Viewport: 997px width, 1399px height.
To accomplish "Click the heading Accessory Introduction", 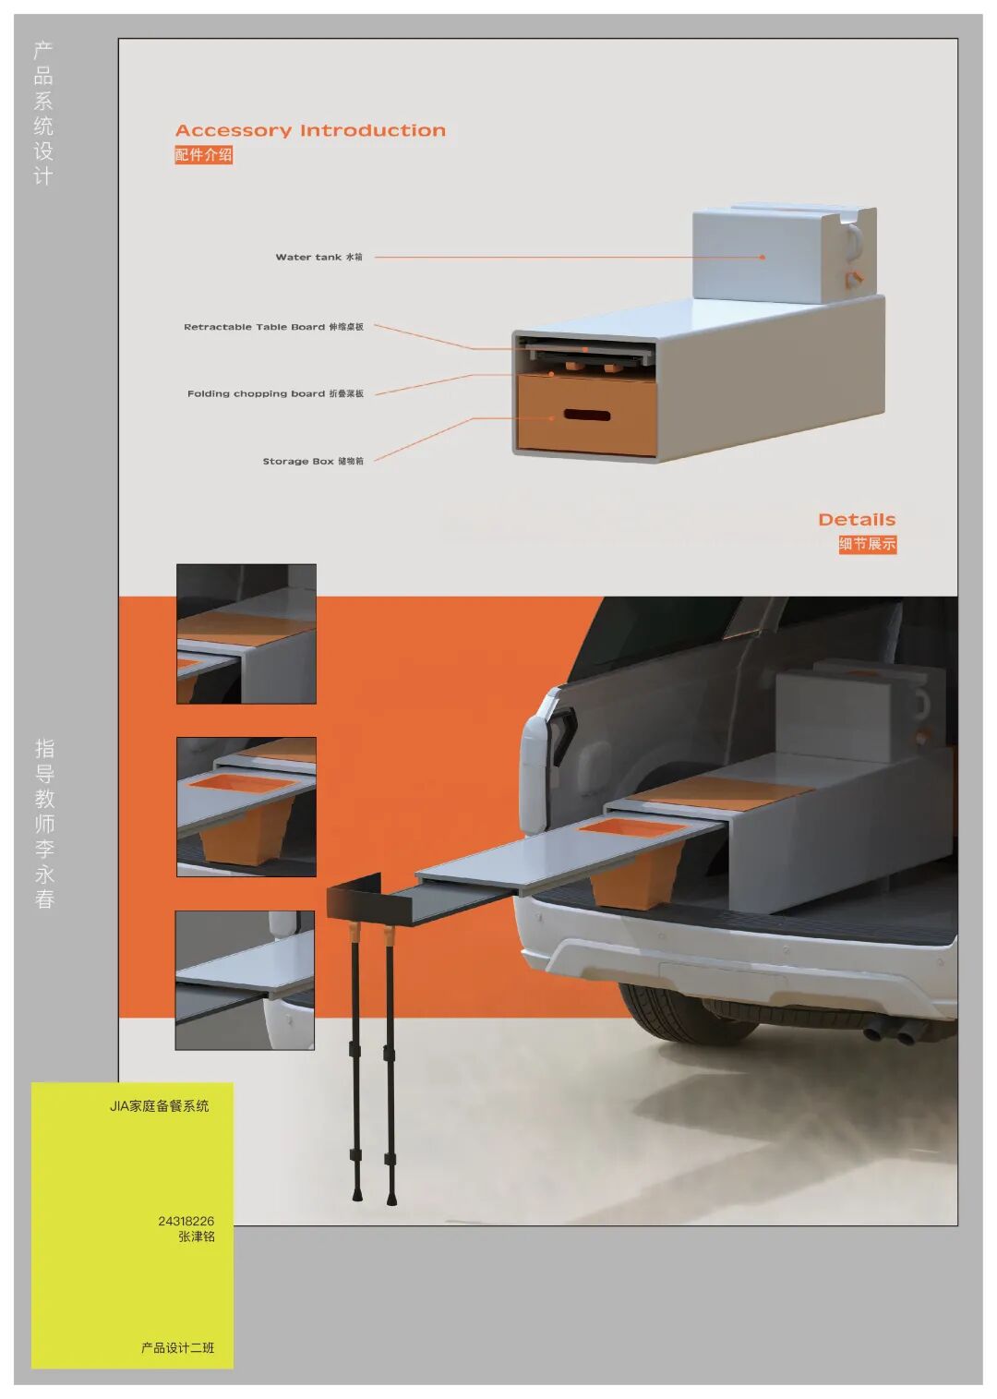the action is click(310, 130).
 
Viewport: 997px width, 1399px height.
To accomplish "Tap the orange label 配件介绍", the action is click(203, 154).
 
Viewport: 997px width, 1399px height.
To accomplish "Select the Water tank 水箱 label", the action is click(319, 257).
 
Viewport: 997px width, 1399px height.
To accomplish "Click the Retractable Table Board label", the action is click(273, 327).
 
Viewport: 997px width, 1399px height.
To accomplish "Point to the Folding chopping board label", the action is click(275, 393).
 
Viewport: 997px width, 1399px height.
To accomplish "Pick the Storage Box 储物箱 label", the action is click(313, 461).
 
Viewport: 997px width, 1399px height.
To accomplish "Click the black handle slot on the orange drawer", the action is click(587, 415).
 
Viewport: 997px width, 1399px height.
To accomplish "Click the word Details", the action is click(857, 520).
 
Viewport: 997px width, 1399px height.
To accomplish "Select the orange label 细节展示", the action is click(867, 544).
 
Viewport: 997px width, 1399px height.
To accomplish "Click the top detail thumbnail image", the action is click(246, 633).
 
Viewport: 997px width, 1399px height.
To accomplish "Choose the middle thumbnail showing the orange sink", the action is click(246, 807).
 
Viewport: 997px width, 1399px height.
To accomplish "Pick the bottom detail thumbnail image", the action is click(245, 980).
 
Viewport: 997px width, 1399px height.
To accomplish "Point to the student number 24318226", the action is click(186, 1221).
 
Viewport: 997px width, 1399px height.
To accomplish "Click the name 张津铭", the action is click(196, 1236).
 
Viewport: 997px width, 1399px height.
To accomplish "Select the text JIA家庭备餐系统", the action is click(159, 1106).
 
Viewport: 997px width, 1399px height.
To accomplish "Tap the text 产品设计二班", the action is click(177, 1348).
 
